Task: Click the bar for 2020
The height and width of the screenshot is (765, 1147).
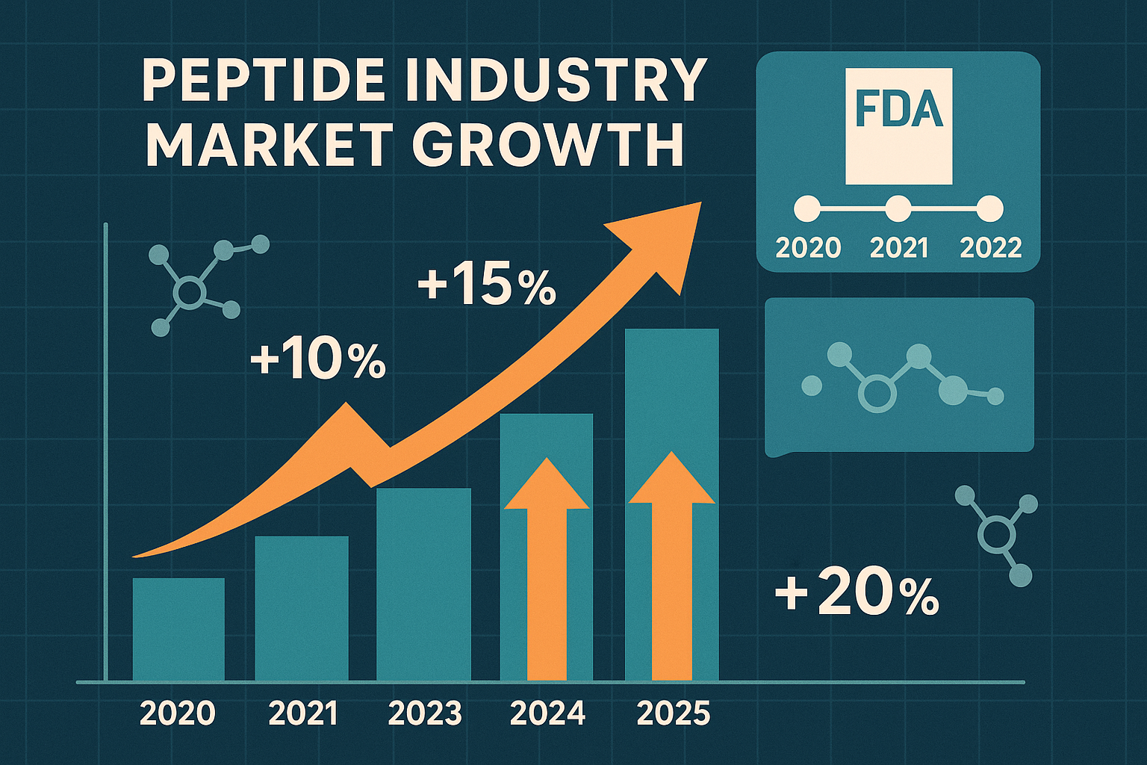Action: click(x=178, y=629)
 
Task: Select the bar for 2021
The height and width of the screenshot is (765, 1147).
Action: click(x=302, y=608)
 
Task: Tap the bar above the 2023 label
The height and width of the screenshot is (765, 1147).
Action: click(x=423, y=584)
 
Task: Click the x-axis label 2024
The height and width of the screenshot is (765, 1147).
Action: click(x=547, y=713)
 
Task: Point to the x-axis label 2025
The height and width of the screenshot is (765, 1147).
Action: click(x=674, y=713)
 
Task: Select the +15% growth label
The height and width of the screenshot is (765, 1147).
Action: click(x=487, y=285)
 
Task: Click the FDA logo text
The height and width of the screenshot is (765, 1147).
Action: click(x=898, y=109)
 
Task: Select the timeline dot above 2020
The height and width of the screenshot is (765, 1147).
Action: click(x=807, y=209)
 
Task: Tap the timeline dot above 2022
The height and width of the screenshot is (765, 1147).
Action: click(x=990, y=209)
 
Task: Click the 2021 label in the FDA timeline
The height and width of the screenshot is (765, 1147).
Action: click(x=899, y=247)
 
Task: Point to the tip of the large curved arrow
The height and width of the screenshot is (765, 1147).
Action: click(x=699, y=203)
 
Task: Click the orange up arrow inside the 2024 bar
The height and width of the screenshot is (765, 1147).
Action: click(x=547, y=568)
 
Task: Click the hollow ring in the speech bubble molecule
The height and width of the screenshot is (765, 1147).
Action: click(x=877, y=394)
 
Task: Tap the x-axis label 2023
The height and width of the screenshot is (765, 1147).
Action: click(x=425, y=713)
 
